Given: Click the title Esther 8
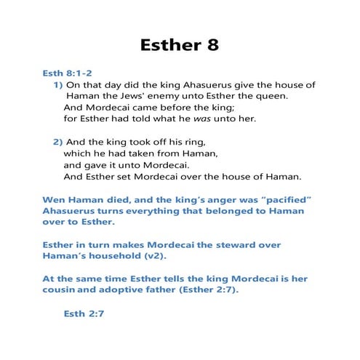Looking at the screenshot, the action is coord(180,44).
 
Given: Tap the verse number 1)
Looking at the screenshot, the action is coord(58,84).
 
